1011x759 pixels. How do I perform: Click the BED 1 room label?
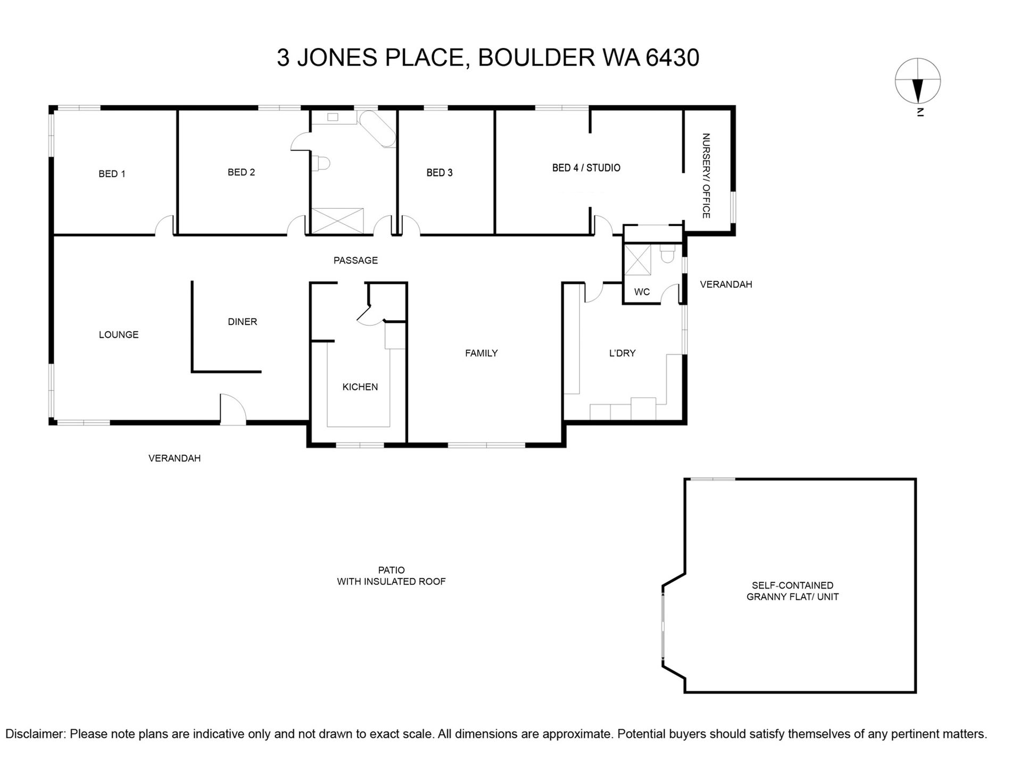[x=112, y=174]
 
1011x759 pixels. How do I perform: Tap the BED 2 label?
[x=241, y=172]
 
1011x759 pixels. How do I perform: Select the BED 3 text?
[x=440, y=173]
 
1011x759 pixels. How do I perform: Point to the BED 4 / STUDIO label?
[x=586, y=168]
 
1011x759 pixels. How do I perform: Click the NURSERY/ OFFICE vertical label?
[x=706, y=176]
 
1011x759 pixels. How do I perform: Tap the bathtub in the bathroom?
[x=378, y=128]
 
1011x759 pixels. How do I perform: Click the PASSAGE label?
[x=355, y=260]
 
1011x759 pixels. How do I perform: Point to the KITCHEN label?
[x=360, y=387]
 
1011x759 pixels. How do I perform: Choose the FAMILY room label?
[x=481, y=353]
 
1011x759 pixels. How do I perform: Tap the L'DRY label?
[x=622, y=353]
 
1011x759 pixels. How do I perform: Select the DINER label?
[x=242, y=322]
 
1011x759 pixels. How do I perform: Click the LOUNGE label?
[x=119, y=334]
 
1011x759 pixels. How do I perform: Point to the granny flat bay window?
[x=664, y=625]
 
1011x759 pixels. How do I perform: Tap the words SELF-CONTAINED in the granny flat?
[x=792, y=585]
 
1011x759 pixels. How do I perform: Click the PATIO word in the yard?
[x=391, y=570]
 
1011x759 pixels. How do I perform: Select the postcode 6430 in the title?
[x=672, y=58]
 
